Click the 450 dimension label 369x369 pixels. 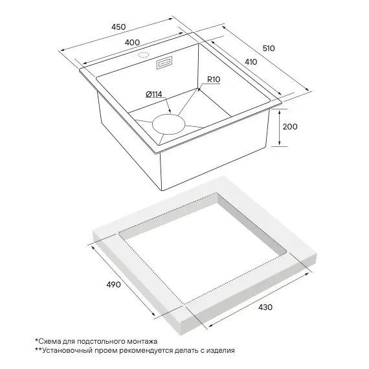[118, 27]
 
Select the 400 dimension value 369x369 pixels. [132, 43]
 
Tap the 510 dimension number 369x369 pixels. [269, 49]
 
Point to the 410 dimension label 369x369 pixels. [251, 62]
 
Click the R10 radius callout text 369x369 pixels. [214, 80]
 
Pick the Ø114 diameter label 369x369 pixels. [154, 95]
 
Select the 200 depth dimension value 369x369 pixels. [290, 127]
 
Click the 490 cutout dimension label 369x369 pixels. [113, 285]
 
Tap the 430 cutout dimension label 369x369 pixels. [265, 307]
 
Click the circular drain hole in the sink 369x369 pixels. [169, 124]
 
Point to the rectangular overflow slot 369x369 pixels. [164, 63]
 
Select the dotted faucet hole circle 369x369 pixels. [143, 55]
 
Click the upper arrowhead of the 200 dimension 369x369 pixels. [279, 111]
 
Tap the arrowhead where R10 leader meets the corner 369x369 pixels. [198, 90]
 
